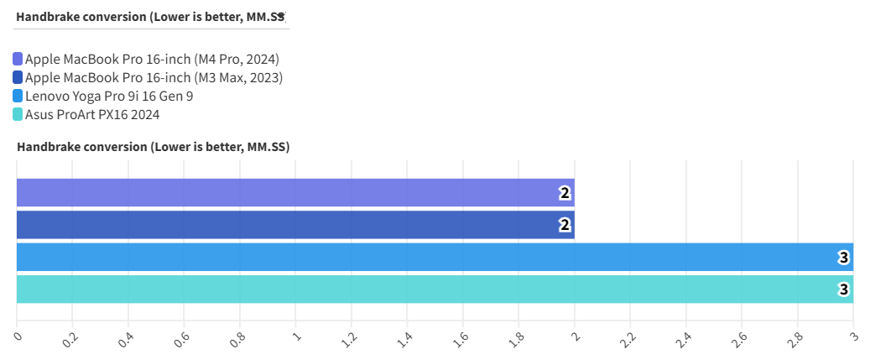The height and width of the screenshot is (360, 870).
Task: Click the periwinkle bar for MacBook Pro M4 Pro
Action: tap(294, 193)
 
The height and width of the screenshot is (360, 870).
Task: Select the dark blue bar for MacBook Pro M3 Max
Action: tap(294, 225)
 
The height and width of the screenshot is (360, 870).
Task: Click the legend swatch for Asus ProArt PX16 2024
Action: tap(18, 115)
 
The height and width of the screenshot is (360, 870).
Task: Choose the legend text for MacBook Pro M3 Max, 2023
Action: tap(154, 78)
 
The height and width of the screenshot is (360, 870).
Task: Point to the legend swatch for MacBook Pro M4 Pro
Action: tap(18, 60)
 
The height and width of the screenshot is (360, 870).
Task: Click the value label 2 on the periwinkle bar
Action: tap(565, 193)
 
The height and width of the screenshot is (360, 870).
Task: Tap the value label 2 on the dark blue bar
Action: tap(565, 225)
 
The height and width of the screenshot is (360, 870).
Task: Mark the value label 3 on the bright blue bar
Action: tap(844, 257)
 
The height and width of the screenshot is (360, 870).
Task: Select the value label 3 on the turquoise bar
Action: tap(844, 289)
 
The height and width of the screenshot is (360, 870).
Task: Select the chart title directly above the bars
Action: tap(153, 147)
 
